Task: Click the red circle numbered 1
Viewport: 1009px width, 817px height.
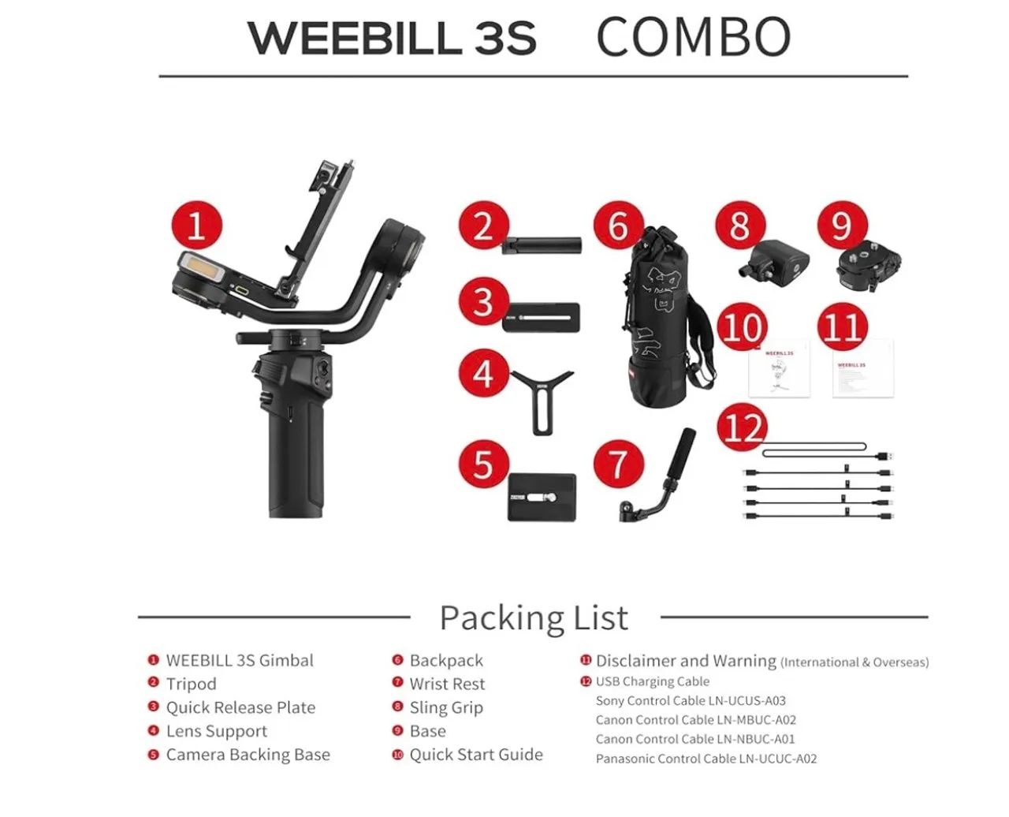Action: [x=196, y=226]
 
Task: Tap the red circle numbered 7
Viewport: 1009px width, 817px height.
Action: [x=618, y=463]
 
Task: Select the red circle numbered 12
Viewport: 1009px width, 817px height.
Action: [x=743, y=428]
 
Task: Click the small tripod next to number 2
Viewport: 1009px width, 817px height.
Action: [x=543, y=245]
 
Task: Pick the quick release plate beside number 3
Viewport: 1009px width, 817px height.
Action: [x=542, y=316]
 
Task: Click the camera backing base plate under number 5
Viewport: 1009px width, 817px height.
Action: [x=542, y=497]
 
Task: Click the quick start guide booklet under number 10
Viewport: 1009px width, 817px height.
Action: [x=779, y=368]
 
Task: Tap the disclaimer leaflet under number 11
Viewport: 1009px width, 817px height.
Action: [x=863, y=369]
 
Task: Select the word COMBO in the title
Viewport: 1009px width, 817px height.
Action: [x=693, y=37]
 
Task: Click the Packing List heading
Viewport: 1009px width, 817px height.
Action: [x=534, y=617]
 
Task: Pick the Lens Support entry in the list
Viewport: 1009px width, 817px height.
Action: [x=216, y=731]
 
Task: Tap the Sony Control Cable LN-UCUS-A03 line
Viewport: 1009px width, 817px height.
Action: [x=691, y=700]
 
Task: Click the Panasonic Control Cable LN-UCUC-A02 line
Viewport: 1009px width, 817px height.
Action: [x=706, y=759]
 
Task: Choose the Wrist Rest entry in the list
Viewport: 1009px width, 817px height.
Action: [x=447, y=684]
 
